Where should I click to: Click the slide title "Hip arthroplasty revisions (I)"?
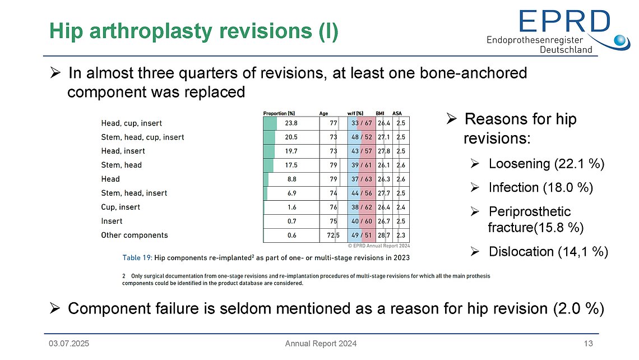point(194,31)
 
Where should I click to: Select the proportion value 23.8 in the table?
point(291,123)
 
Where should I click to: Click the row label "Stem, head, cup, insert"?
point(142,137)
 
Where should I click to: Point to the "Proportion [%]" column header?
point(279,113)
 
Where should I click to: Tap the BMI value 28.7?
point(384,236)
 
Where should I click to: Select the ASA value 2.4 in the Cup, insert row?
point(401,207)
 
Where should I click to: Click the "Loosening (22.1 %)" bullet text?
point(546,164)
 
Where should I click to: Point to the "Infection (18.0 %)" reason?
point(541,187)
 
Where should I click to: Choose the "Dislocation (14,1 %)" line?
point(548,252)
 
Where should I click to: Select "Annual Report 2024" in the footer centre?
point(320,343)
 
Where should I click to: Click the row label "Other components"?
point(134,236)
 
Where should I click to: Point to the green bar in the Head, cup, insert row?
point(270,123)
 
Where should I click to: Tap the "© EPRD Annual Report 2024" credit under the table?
point(379,245)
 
